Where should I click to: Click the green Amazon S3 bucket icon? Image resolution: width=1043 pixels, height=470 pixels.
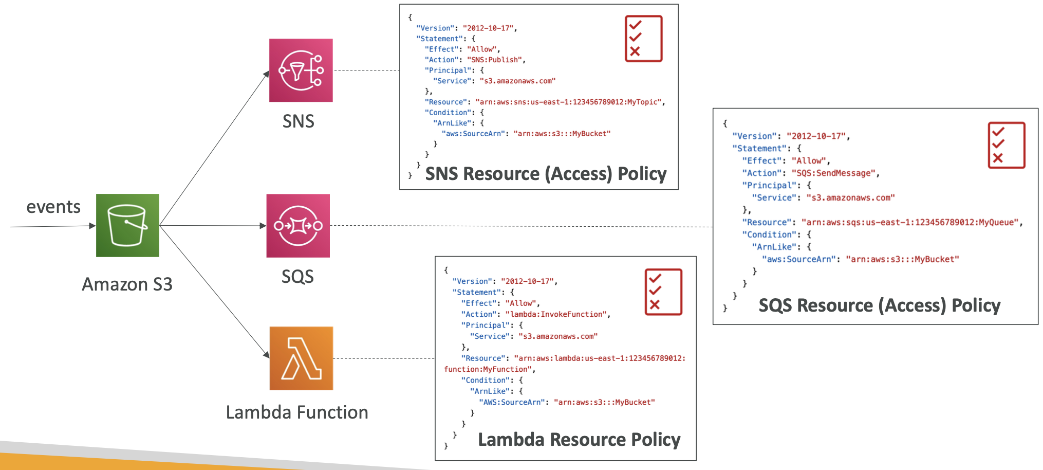click(x=127, y=225)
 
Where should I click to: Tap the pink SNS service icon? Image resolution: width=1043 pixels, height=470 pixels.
click(x=301, y=70)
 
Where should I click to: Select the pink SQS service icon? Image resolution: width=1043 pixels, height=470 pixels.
click(x=298, y=226)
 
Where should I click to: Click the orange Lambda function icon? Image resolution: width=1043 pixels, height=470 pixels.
click(x=301, y=358)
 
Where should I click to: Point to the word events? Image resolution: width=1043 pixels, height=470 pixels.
click(x=53, y=207)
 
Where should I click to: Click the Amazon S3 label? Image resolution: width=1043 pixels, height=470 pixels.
click(x=127, y=284)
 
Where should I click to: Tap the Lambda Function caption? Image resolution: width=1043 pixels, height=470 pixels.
click(x=297, y=412)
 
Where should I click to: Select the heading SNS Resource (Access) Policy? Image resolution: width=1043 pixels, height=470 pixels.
click(x=546, y=174)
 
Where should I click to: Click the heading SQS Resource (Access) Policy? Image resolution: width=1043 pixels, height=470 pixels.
click(x=879, y=305)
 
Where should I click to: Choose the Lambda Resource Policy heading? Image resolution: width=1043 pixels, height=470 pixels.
click(x=579, y=440)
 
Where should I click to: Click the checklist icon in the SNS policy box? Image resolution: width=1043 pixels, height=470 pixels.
click(x=643, y=39)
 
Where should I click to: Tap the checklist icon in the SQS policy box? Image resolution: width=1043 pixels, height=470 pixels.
click(x=1006, y=145)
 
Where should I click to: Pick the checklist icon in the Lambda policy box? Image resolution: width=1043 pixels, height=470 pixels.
click(x=663, y=292)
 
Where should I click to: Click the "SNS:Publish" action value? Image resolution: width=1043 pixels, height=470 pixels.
click(x=495, y=60)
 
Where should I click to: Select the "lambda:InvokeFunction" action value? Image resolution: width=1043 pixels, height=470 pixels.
click(x=556, y=314)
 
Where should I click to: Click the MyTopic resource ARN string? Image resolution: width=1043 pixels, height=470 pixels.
click(x=569, y=102)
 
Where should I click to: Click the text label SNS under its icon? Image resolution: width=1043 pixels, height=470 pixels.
click(x=298, y=121)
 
